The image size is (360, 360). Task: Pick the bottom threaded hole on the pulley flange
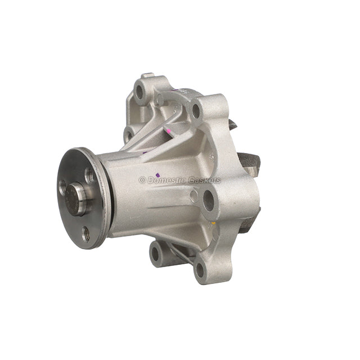pyautogui.click(x=85, y=233)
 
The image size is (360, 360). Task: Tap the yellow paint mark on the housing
pyautogui.click(x=213, y=223)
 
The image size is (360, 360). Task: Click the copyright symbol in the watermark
pyautogui.click(x=142, y=181)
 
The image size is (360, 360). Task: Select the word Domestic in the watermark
pyautogui.click(x=166, y=181)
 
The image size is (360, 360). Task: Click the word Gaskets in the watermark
pyautogui.click(x=204, y=181)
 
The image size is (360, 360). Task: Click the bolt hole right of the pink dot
pyautogui.click(x=196, y=110)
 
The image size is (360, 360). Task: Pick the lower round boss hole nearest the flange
pyautogui.click(x=155, y=253)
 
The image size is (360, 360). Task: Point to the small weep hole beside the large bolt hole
pyautogui.click(x=193, y=196)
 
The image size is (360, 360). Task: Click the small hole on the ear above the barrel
pyautogui.click(x=129, y=135)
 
